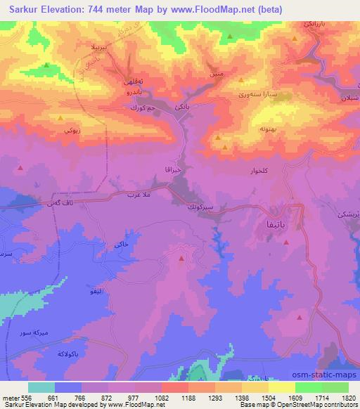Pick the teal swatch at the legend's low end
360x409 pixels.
(41, 387)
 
